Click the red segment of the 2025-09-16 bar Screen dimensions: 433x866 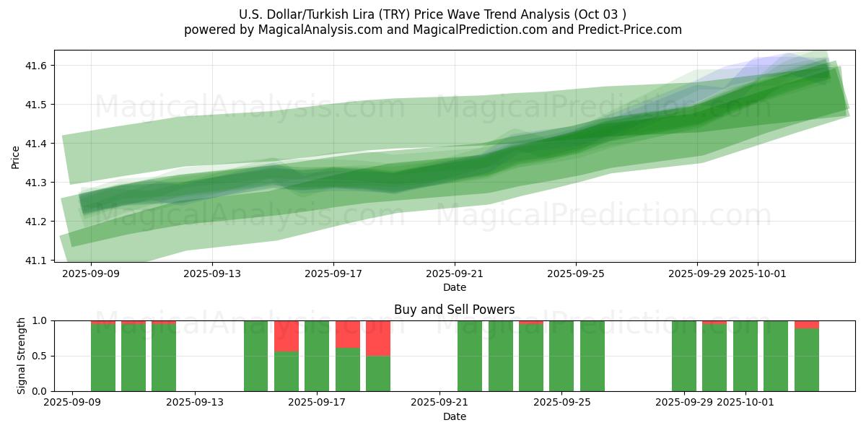tap(287, 336)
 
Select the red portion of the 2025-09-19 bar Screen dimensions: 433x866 tap(378, 338)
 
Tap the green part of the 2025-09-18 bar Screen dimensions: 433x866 tap(348, 369)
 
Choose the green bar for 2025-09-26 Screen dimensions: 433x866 tap(592, 356)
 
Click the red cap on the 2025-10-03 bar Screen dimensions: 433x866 tap(807, 324)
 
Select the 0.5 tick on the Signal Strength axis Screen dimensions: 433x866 tap(38, 356)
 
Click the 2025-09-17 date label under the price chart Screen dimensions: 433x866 tap(333, 274)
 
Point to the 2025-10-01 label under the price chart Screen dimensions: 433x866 tap(758, 274)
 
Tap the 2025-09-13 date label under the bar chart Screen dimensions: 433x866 tap(195, 403)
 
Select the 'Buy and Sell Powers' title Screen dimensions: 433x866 tap(454, 310)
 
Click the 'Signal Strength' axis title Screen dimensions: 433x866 tap(22, 356)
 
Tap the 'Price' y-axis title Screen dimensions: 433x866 tap(16, 157)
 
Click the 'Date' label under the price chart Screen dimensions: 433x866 tap(454, 287)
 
